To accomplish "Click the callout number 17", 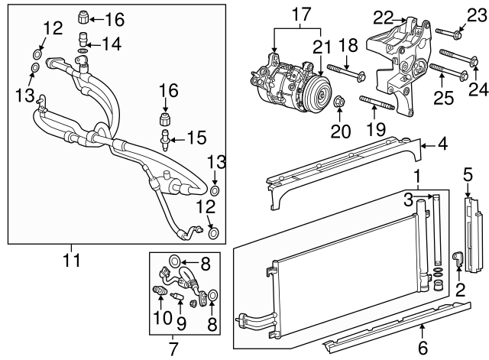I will coord(298,13).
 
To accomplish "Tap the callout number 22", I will coord(383,17).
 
